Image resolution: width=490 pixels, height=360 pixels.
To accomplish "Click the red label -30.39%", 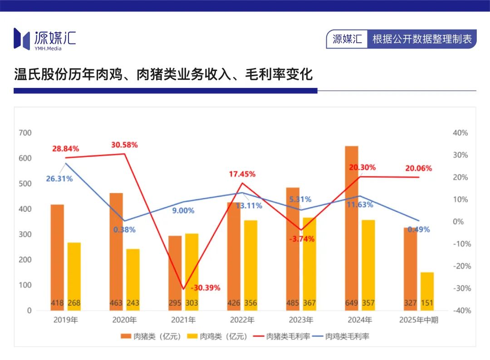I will (x=205, y=287).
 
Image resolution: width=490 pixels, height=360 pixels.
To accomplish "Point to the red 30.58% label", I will (x=124, y=145).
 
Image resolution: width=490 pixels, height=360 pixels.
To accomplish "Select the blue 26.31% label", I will (x=59, y=179).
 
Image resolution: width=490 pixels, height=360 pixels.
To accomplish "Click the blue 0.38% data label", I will (x=124, y=229).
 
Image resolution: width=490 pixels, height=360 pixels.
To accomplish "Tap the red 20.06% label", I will (x=418, y=168).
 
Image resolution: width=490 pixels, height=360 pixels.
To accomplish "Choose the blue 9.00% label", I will (x=183, y=210).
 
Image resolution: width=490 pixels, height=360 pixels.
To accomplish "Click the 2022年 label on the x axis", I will (x=242, y=320).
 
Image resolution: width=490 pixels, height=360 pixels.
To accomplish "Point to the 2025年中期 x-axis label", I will (x=419, y=320).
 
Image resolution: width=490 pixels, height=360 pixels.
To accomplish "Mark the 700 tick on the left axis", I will (x=25, y=133).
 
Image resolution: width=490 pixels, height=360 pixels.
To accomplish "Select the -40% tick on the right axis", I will (x=460, y=311).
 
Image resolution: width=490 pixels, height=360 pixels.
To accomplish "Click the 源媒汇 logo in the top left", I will (x=44, y=39).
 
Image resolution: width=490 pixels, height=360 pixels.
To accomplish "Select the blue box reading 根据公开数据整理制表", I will (x=422, y=39).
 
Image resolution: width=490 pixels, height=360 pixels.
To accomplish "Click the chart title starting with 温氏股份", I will (x=163, y=74).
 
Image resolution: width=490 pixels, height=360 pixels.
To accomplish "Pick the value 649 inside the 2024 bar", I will (x=351, y=303).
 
